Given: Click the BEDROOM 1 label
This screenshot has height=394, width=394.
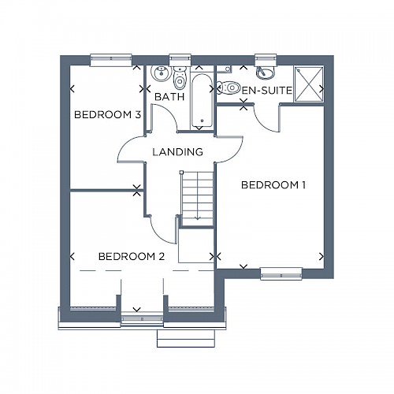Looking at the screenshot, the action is pos(273,185).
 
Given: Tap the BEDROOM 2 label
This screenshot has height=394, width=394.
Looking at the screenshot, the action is pos(132,256).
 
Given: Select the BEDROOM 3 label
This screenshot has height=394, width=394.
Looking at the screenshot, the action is pos(108,115).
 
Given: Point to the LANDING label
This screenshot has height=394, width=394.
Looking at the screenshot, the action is pos(178,152).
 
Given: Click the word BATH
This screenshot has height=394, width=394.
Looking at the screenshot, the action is pos(169,97).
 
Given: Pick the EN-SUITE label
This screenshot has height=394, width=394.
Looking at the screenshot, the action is pos(267,91).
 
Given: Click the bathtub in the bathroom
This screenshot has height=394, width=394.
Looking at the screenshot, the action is pos(202,101).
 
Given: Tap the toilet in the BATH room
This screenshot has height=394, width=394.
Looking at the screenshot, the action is pos(180,78).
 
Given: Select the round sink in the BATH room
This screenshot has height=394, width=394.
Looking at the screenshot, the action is pos(159,73).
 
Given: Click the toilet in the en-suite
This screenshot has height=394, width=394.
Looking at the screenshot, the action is pos(229,87).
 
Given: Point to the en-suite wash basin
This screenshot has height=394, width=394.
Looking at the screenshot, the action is pos(266,72).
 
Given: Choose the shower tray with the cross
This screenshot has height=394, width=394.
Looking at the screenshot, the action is pos(309,84).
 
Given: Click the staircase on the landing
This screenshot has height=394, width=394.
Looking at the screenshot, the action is pos(198,199).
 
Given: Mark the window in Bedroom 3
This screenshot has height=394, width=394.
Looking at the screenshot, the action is pos(111,61).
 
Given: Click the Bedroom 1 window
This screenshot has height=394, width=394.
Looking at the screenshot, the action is pos(281,273).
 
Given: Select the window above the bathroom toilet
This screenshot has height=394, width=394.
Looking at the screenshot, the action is pos(180,60).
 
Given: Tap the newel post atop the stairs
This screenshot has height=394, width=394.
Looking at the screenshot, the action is pos(181,173).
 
